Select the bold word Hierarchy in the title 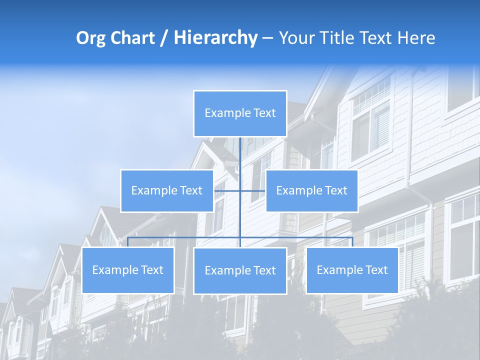(215, 38)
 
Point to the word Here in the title (416, 38)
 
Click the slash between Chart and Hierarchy (163, 38)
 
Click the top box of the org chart (240, 113)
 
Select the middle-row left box (166, 190)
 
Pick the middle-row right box (311, 190)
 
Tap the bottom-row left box (127, 270)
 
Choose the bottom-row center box (240, 270)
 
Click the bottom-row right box (352, 270)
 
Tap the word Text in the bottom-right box (376, 270)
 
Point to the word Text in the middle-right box (335, 190)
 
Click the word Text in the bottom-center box (264, 270)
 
